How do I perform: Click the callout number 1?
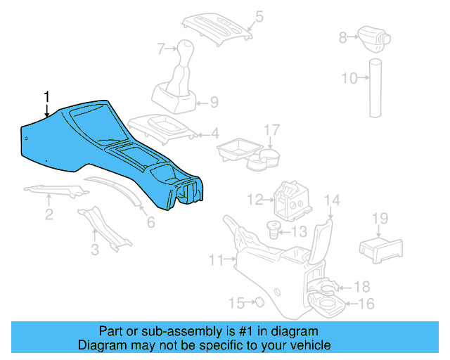click(47, 96)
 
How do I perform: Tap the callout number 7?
click(160, 49)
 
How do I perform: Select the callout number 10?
click(349, 78)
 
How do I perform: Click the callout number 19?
click(380, 219)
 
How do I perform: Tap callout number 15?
click(236, 303)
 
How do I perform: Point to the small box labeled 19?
click(380, 247)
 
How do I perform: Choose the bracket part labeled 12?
click(290, 200)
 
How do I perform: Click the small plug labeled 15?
click(257, 302)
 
